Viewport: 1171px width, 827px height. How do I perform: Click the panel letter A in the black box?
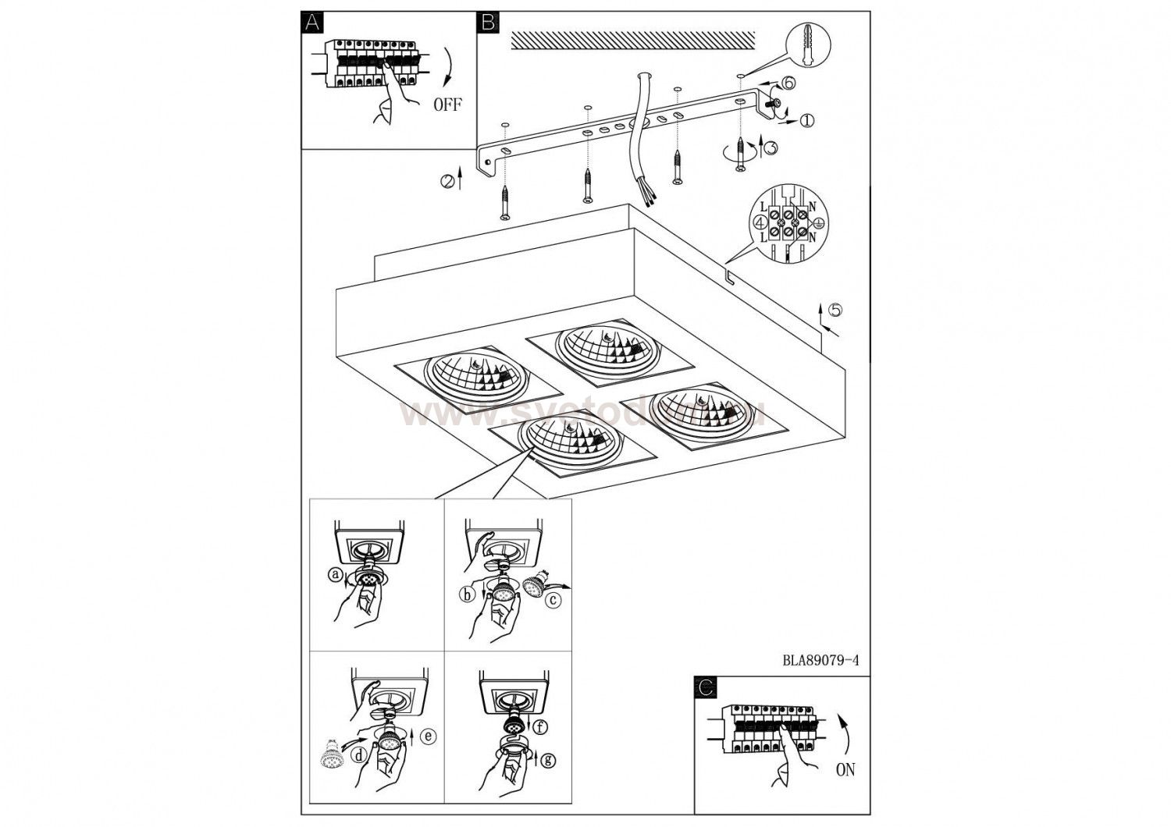coord(312,23)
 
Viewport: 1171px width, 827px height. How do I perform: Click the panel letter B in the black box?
coord(489,23)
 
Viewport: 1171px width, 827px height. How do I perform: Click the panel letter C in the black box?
coord(706,687)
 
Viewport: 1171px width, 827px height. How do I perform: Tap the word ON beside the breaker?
coord(845,770)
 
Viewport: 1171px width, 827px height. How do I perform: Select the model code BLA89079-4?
coord(820,659)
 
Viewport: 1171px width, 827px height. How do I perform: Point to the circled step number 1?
coord(806,120)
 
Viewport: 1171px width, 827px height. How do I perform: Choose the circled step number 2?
coord(447,181)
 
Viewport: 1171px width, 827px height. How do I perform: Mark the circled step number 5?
coord(835,310)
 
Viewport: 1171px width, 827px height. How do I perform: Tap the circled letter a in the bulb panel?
coord(336,576)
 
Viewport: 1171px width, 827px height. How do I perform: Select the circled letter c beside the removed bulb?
coord(553,601)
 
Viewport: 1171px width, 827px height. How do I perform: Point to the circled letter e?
coord(427,735)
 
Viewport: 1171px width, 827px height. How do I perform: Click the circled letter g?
coord(548,759)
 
